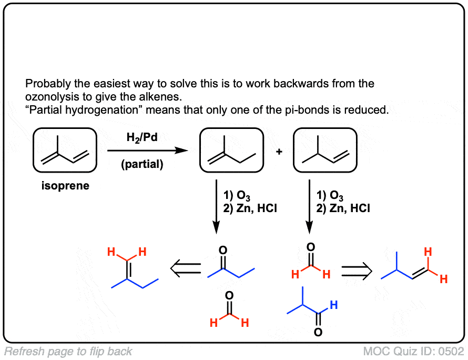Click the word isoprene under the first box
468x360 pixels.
pos(65,186)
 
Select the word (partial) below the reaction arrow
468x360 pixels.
pos(142,165)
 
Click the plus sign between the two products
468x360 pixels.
pos(279,152)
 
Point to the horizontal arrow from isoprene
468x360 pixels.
pos(147,151)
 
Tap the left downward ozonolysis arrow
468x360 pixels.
pos(216,206)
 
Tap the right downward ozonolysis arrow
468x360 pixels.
pos(309,206)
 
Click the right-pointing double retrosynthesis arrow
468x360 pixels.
pos(357,271)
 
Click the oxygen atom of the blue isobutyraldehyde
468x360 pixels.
pos(318,333)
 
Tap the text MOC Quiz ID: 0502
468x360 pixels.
pos(413,351)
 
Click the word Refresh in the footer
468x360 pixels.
pos(20,351)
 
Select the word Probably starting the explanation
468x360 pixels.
pos(46,84)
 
